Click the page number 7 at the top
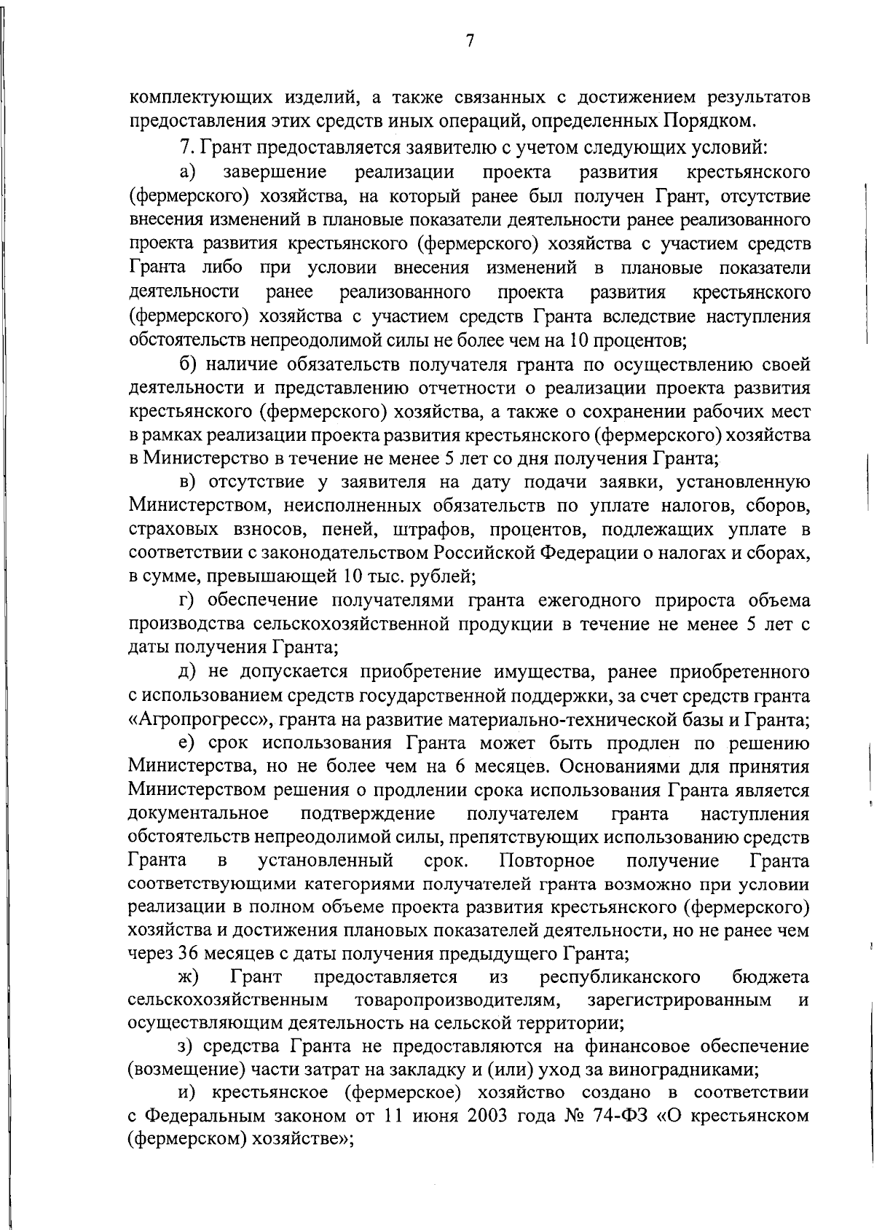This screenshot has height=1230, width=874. click(470, 42)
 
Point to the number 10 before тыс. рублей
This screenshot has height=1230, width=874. click(350, 577)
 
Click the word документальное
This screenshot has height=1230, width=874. click(198, 812)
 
